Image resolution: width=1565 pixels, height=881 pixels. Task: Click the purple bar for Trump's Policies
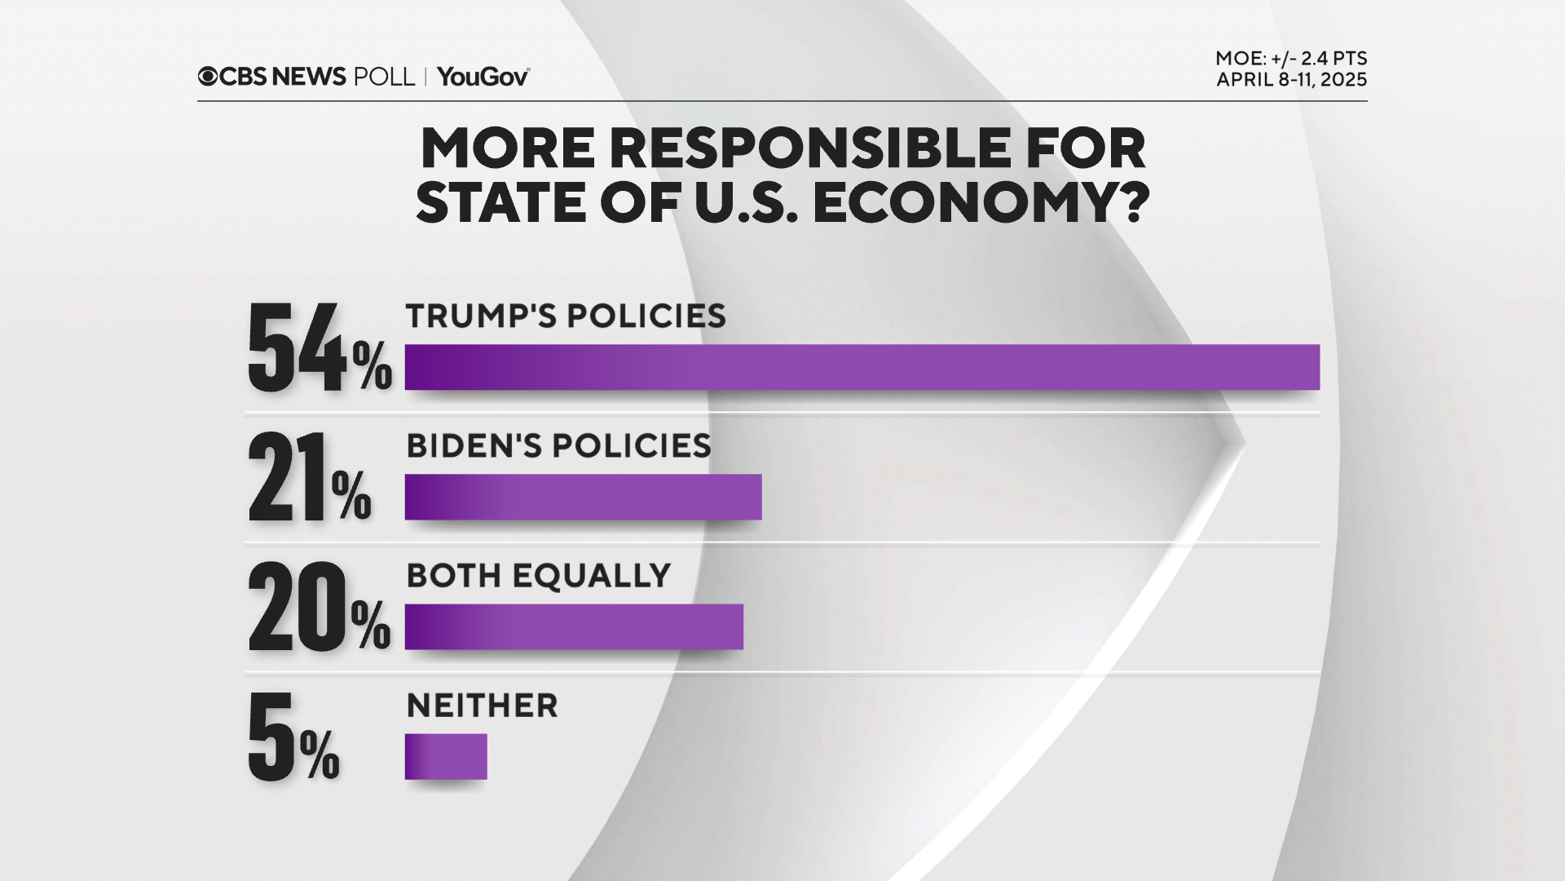pos(862,367)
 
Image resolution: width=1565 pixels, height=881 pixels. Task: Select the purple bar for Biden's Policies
pos(583,497)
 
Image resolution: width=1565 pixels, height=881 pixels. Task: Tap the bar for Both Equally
pos(574,626)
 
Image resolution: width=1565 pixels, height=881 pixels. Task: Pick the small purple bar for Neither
pos(446,756)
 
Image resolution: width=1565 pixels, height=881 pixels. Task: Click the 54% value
pos(319,349)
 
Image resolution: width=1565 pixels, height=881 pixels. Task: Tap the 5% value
pos(293,737)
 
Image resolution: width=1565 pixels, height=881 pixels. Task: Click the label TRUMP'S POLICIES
pos(566,317)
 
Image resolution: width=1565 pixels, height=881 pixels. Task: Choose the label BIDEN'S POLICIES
pos(558,446)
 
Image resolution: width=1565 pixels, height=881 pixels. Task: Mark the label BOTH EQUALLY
pos(538,576)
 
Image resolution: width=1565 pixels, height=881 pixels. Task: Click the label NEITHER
pos(482,706)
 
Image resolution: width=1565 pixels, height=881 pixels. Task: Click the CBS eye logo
pos(208,77)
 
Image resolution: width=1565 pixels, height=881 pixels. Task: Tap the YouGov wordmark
pos(483,77)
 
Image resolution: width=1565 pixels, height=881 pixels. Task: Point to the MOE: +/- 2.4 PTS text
pos(1291,59)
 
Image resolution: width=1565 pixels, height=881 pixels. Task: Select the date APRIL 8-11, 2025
pos(1291,80)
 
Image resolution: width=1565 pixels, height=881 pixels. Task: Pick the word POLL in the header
pos(384,77)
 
